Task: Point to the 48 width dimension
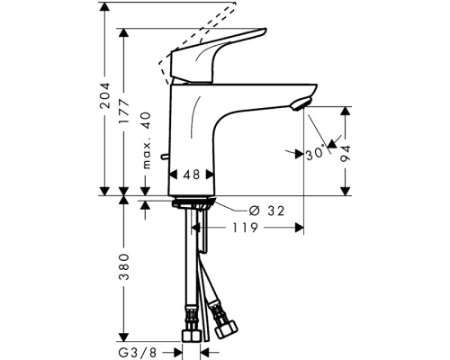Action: (191, 175)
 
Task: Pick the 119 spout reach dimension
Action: (251, 229)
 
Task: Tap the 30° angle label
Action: (315, 153)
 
